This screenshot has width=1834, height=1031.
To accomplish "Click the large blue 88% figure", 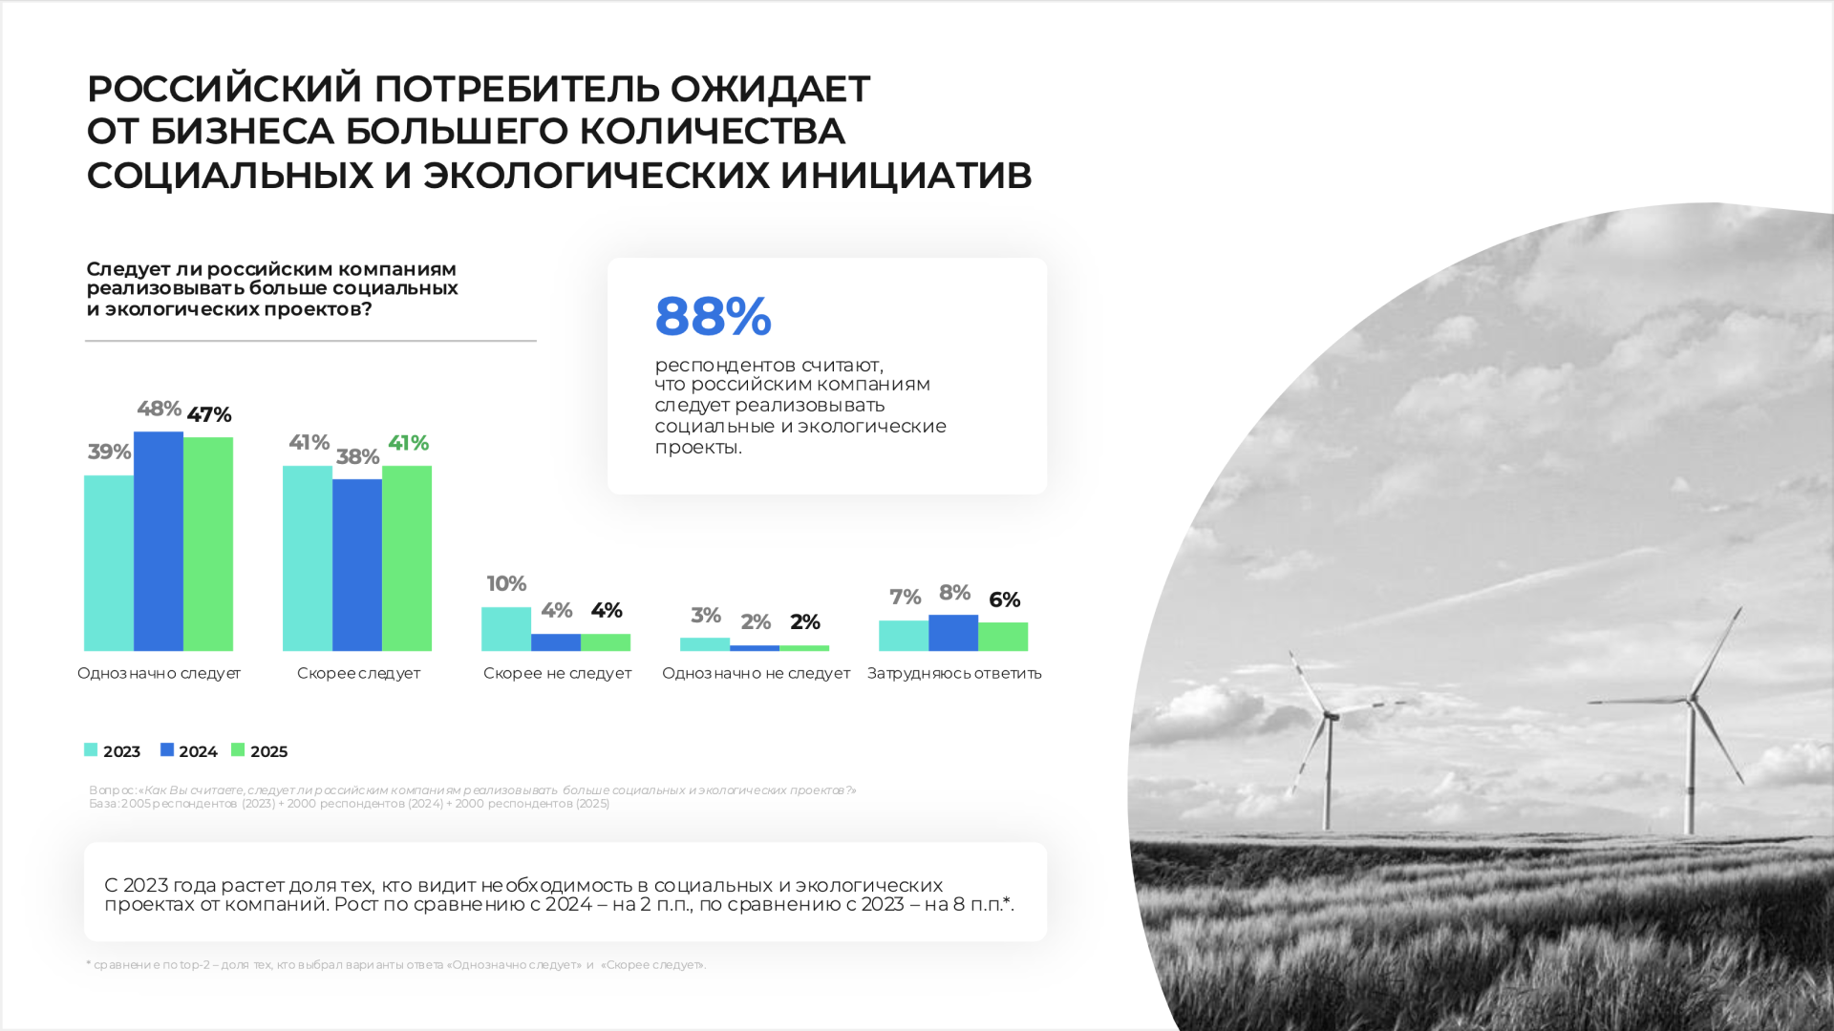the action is (x=713, y=316).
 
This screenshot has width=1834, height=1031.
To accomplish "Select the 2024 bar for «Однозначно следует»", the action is (x=159, y=541).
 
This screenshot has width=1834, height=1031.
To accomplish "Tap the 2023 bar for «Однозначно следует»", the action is (x=109, y=563).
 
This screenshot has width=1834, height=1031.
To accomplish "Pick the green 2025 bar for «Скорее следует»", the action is (x=407, y=558).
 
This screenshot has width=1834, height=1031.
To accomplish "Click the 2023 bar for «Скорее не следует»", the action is (x=506, y=629).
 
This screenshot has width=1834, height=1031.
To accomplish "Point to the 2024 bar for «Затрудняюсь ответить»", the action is (x=953, y=633).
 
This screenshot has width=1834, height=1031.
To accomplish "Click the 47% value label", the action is (x=209, y=415).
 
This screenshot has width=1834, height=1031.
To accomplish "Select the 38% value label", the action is (x=357, y=457).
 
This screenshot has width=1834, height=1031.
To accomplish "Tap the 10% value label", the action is (x=506, y=583).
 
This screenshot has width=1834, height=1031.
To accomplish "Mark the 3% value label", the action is (x=706, y=616).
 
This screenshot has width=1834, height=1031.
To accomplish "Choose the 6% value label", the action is (x=1004, y=600).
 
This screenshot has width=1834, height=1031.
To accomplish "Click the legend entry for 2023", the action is (x=113, y=751).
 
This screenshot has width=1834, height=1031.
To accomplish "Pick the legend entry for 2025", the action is (x=260, y=751).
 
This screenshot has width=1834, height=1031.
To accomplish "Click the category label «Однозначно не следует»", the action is (x=756, y=673).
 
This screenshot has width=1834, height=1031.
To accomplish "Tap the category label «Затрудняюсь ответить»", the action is (x=954, y=673).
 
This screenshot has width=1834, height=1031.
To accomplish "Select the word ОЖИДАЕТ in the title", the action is (x=770, y=89).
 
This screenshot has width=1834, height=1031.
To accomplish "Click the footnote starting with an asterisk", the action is (x=395, y=965).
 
